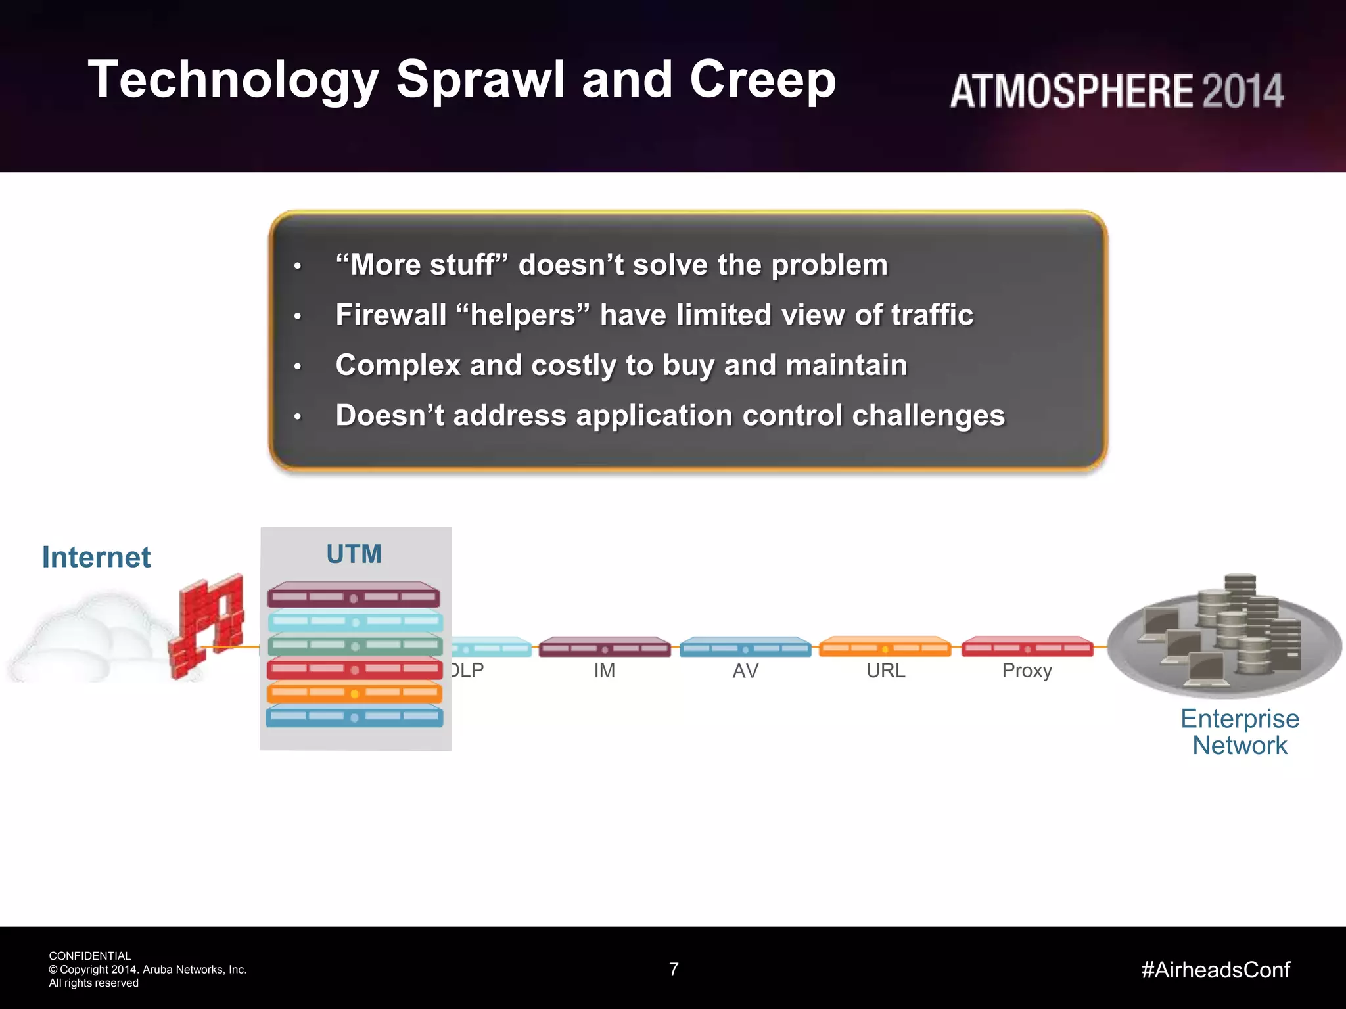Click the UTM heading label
(x=354, y=554)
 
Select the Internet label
(x=97, y=557)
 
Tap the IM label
(x=604, y=671)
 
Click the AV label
(x=745, y=671)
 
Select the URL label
(x=885, y=671)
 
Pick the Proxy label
(x=1027, y=671)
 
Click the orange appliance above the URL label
(x=885, y=647)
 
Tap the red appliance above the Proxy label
(x=1027, y=647)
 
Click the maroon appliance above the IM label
(x=604, y=647)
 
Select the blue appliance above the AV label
(x=745, y=647)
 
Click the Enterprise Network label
(x=1240, y=732)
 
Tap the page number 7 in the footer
(x=673, y=969)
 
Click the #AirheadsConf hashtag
(x=1215, y=970)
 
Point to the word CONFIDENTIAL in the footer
(x=90, y=956)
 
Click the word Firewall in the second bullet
(x=390, y=315)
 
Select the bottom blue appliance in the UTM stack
(x=354, y=716)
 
